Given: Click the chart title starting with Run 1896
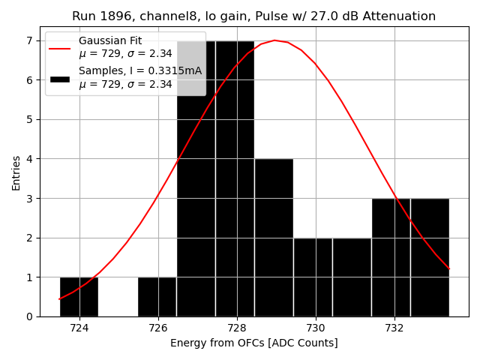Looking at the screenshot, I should tap(253, 16).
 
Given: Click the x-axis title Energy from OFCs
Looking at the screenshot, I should tap(253, 343).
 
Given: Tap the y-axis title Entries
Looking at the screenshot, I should tap(16, 172).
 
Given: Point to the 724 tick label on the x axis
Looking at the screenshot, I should tap(79, 328).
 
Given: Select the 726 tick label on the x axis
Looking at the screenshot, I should tap(158, 328).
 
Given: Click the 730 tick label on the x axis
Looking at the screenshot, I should tap(316, 328).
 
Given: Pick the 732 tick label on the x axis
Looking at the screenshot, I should tap(394, 328).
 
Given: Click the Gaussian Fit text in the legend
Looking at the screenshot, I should tap(110, 40).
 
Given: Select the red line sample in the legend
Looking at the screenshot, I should tap(60, 48).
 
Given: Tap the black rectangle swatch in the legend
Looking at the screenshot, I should tap(60, 78).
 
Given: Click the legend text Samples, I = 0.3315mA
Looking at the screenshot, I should tap(140, 71).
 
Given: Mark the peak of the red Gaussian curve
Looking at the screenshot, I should tap(274, 40).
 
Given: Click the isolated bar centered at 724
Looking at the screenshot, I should tap(79, 297).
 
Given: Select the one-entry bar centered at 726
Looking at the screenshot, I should tap(157, 297).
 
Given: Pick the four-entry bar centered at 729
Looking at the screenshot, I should tap(274, 238).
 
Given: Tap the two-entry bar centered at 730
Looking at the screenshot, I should tap(313, 277).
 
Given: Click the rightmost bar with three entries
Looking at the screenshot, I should tap(430, 257).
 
